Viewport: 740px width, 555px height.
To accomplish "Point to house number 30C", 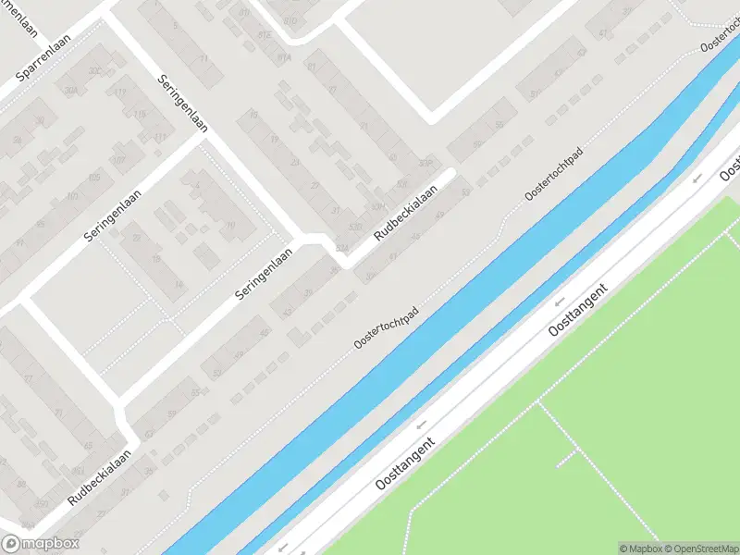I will (x=94, y=70).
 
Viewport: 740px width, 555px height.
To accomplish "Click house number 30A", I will (x=71, y=91).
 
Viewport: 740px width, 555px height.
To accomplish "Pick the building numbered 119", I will (x=119, y=92).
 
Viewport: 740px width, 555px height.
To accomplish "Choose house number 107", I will (x=118, y=160).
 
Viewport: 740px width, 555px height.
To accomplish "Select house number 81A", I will (x=285, y=57).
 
